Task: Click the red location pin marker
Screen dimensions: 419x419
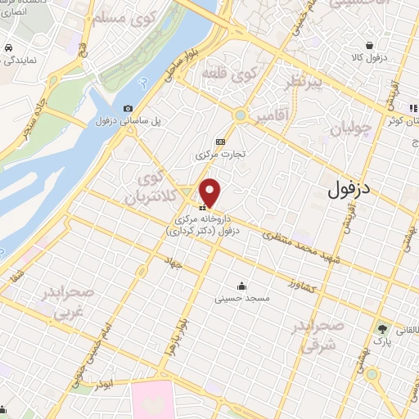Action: pyautogui.click(x=211, y=192)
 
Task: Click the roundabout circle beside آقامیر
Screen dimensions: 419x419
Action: pyautogui.click(x=240, y=115)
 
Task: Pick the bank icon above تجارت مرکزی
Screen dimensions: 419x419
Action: pyautogui.click(x=219, y=141)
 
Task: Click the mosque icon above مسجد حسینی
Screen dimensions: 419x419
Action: pyautogui.click(x=242, y=286)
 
